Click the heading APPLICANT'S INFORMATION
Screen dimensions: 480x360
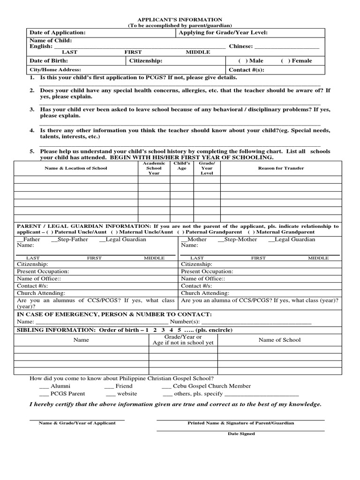[180, 20]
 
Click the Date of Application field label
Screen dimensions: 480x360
[58, 32]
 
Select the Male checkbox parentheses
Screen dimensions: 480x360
[240, 60]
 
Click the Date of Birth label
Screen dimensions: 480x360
[49, 60]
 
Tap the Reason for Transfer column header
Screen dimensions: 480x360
[281, 168]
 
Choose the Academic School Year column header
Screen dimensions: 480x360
[154, 168]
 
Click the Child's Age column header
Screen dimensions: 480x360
[181, 166]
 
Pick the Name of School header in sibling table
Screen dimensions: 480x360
[279, 340]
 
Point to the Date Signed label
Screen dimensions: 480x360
[241, 434]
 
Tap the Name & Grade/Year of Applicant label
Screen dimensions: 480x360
[77, 423]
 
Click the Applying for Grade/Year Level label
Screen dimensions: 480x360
[223, 32]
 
